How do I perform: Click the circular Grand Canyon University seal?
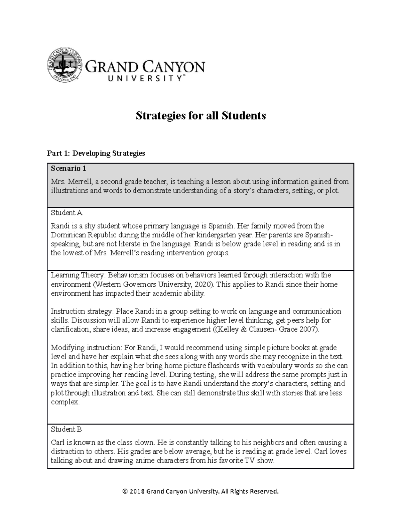[64, 65]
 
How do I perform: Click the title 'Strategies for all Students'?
[200, 116]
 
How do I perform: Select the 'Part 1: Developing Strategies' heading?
[96, 153]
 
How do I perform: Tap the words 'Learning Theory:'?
[78, 275]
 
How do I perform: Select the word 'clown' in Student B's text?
[144, 442]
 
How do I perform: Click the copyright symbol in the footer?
[125, 491]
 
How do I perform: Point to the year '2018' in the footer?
[137, 491]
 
